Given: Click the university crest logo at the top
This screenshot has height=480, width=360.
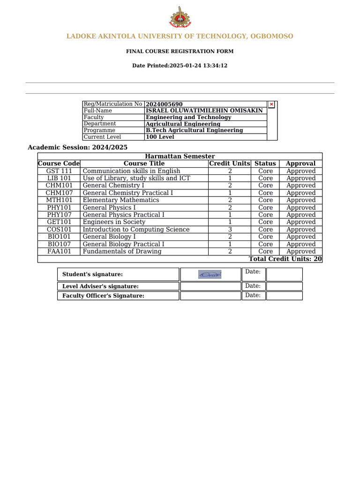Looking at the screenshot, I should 180,17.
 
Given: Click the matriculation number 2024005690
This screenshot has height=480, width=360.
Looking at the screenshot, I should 164,104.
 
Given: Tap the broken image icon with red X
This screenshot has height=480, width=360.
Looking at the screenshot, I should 271,104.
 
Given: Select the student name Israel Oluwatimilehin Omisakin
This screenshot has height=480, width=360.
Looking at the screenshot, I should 204,111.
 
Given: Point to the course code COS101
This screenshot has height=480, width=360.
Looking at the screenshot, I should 59,230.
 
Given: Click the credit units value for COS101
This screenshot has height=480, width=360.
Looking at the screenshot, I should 230,230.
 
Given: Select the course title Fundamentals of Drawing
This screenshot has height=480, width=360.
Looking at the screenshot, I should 122,252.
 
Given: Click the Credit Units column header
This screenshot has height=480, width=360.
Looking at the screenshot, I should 230,164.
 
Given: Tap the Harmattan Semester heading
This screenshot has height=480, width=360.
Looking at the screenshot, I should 180,156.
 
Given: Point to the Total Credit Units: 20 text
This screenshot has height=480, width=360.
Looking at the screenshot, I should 285,259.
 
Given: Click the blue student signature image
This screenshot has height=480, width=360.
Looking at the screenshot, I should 210,275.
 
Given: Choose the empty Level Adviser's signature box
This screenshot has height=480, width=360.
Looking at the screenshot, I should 210,286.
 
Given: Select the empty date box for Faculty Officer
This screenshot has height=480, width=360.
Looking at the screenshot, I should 284,296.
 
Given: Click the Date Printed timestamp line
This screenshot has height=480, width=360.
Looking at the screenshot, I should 180,66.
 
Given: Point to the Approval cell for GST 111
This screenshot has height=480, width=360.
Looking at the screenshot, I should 301,171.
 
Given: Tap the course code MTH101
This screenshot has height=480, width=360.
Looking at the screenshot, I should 59,200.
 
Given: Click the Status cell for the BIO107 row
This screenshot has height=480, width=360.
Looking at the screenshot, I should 265,244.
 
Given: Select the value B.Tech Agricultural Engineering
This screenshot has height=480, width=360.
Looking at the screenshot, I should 194,130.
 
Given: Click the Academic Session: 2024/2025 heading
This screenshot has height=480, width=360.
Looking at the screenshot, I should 78,147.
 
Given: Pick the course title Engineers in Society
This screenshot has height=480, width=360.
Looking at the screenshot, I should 114,222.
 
